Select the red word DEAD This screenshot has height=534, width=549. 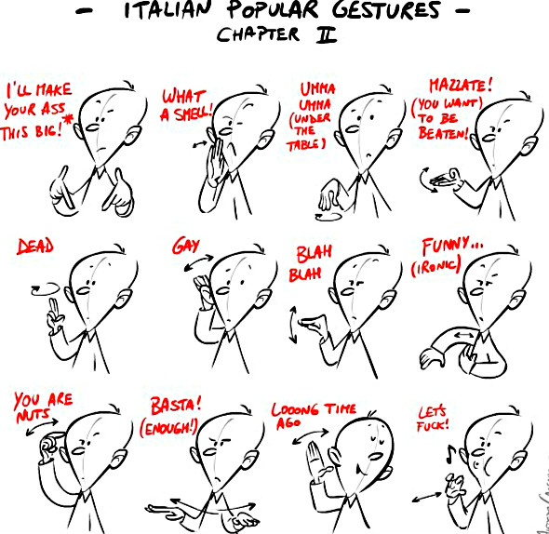(35, 247)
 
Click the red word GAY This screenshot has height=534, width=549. (182, 246)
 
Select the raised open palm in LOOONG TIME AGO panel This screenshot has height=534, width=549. (314, 455)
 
